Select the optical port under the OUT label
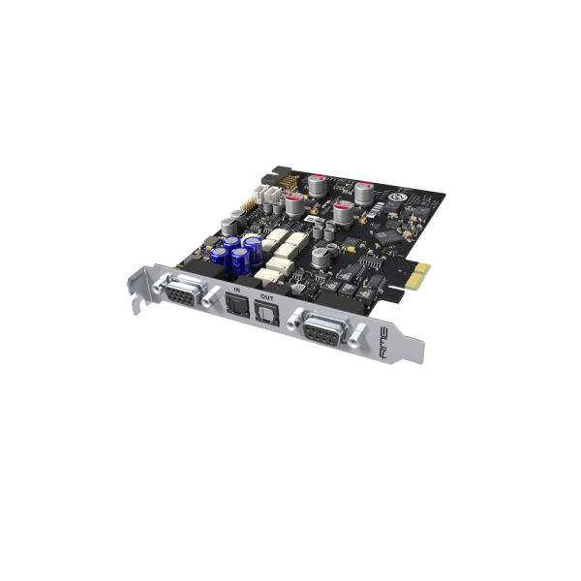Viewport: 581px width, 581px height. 265,311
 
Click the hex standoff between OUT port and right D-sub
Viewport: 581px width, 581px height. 287,321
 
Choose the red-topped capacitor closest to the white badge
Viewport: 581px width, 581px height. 364,191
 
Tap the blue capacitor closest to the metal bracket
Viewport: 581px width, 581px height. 219,257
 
